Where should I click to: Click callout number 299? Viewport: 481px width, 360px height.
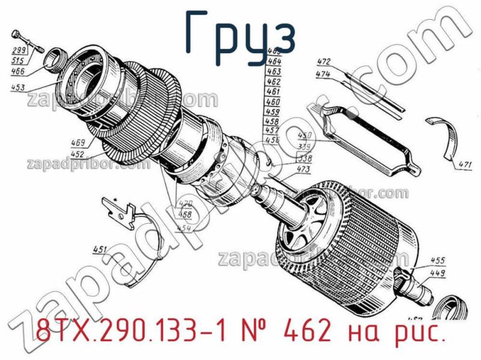(18, 50)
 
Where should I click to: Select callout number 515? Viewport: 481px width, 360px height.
(18, 60)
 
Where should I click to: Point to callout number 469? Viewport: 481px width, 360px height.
(78, 143)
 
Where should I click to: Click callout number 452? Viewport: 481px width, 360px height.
(78, 154)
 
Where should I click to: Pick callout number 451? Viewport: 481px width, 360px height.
(100, 249)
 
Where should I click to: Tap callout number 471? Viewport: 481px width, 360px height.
(465, 163)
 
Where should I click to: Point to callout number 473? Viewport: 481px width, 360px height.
(304, 170)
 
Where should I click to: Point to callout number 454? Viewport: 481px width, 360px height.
(184, 228)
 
